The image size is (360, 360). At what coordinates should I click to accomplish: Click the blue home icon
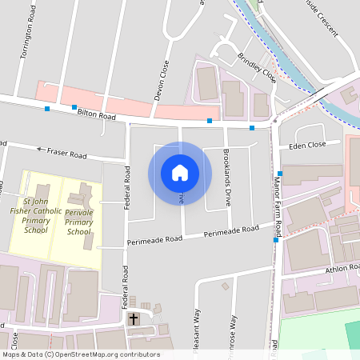pyautogui.click(x=180, y=173)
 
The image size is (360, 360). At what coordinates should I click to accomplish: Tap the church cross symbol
pyautogui.click(x=134, y=319)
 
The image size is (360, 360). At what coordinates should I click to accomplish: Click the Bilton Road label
pyautogui.click(x=97, y=117)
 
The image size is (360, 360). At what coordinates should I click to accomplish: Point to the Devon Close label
pyautogui.click(x=166, y=78)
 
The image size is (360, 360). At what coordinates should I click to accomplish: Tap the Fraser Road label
pyautogui.click(x=66, y=152)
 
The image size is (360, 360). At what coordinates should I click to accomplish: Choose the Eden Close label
pyautogui.click(x=308, y=145)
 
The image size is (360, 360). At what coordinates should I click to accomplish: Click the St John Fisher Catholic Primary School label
pyautogui.click(x=36, y=216)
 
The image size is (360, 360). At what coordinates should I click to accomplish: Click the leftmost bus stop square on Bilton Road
pyautogui.click(x=47, y=108)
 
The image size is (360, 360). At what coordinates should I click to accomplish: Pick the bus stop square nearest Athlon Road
pyautogui.click(x=276, y=239)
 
